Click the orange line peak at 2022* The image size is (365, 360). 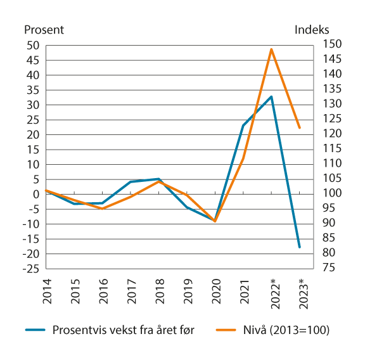[271, 49]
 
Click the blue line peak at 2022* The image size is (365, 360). [271, 97]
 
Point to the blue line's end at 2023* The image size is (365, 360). [300, 247]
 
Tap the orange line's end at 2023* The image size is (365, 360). [300, 128]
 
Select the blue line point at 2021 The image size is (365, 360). [243, 125]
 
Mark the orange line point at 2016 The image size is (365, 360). [101, 209]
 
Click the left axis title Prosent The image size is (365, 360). [44, 29]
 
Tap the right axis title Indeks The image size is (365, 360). [312, 29]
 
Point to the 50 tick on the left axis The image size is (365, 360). [33, 45]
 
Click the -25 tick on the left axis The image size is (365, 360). [30, 269]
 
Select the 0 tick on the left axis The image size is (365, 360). [36, 194]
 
